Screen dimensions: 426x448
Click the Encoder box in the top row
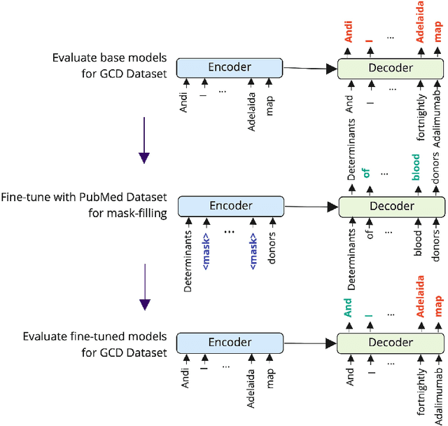pyautogui.click(x=229, y=67)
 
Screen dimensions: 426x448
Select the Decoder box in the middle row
pyautogui.click(x=391, y=207)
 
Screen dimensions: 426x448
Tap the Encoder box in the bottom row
pyautogui.click(x=230, y=343)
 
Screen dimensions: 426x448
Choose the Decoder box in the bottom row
pyautogui.click(x=391, y=343)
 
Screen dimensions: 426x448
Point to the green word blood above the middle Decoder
pyautogui.click(x=416, y=168)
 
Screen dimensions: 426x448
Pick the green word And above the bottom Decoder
pyautogui.click(x=349, y=308)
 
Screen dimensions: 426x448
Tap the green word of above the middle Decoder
pyautogui.click(x=366, y=172)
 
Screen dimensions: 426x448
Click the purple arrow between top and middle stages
pyautogui.click(x=144, y=139)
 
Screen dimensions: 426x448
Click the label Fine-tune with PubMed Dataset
pyautogui.click(x=84, y=199)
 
